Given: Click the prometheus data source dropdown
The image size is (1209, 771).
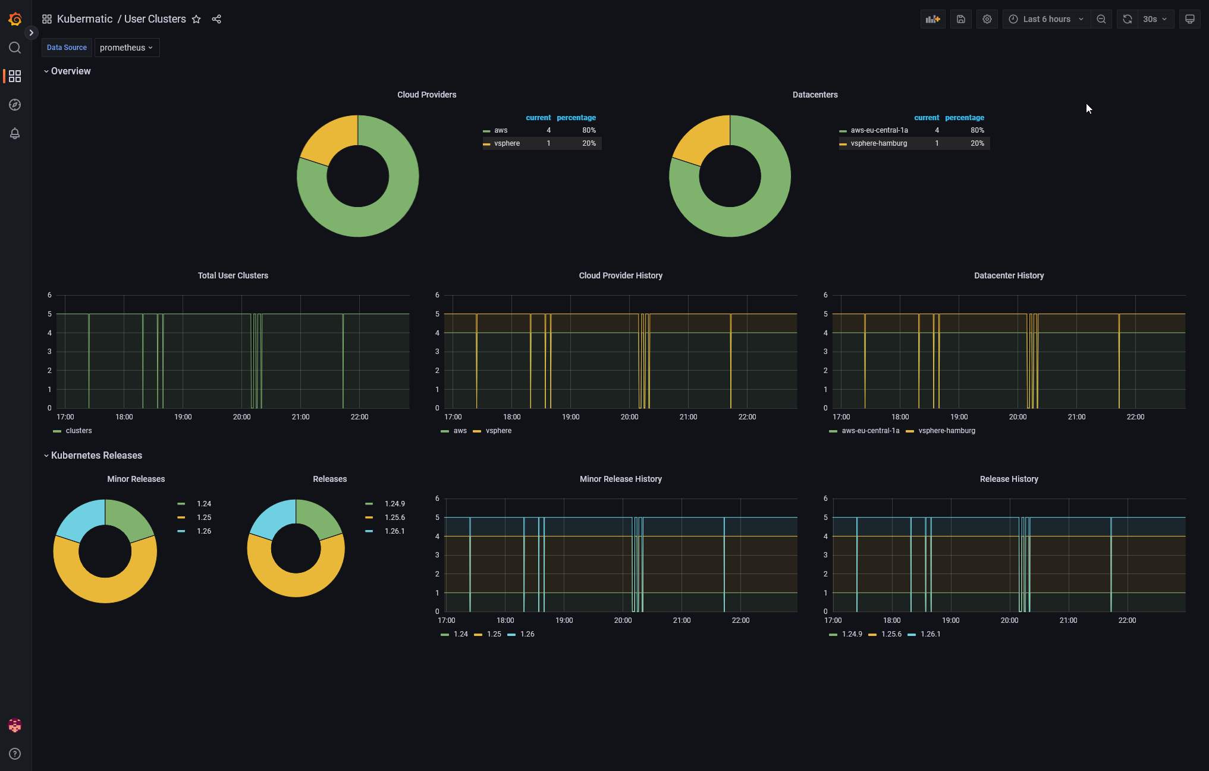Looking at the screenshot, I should (x=126, y=48).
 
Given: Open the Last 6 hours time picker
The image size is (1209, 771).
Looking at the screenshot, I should (x=1047, y=19).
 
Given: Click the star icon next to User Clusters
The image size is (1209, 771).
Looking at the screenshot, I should (x=196, y=19).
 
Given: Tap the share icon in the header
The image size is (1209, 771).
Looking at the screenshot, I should (x=216, y=19).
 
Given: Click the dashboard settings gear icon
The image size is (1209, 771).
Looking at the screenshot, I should (x=987, y=19).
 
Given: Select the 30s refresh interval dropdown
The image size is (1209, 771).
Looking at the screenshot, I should (x=1154, y=19).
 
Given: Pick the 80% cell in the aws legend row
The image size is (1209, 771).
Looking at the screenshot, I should (x=589, y=130).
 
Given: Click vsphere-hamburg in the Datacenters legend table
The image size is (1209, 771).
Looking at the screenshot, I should (x=878, y=143).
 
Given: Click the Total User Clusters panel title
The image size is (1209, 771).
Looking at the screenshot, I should (x=233, y=275).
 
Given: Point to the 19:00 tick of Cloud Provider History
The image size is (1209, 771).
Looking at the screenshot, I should (x=570, y=417).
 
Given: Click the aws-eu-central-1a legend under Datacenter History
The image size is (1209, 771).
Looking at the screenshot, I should (x=870, y=431).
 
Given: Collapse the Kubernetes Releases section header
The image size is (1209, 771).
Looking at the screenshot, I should (x=96, y=455).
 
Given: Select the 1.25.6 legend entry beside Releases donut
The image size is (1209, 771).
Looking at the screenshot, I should (x=394, y=518).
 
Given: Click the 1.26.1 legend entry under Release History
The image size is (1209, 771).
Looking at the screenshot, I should (x=930, y=634).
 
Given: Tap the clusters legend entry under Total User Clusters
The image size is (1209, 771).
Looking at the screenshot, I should (x=78, y=431).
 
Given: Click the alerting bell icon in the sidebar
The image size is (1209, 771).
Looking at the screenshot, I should (x=15, y=133).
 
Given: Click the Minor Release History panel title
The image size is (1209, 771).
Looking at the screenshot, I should (x=620, y=479).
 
